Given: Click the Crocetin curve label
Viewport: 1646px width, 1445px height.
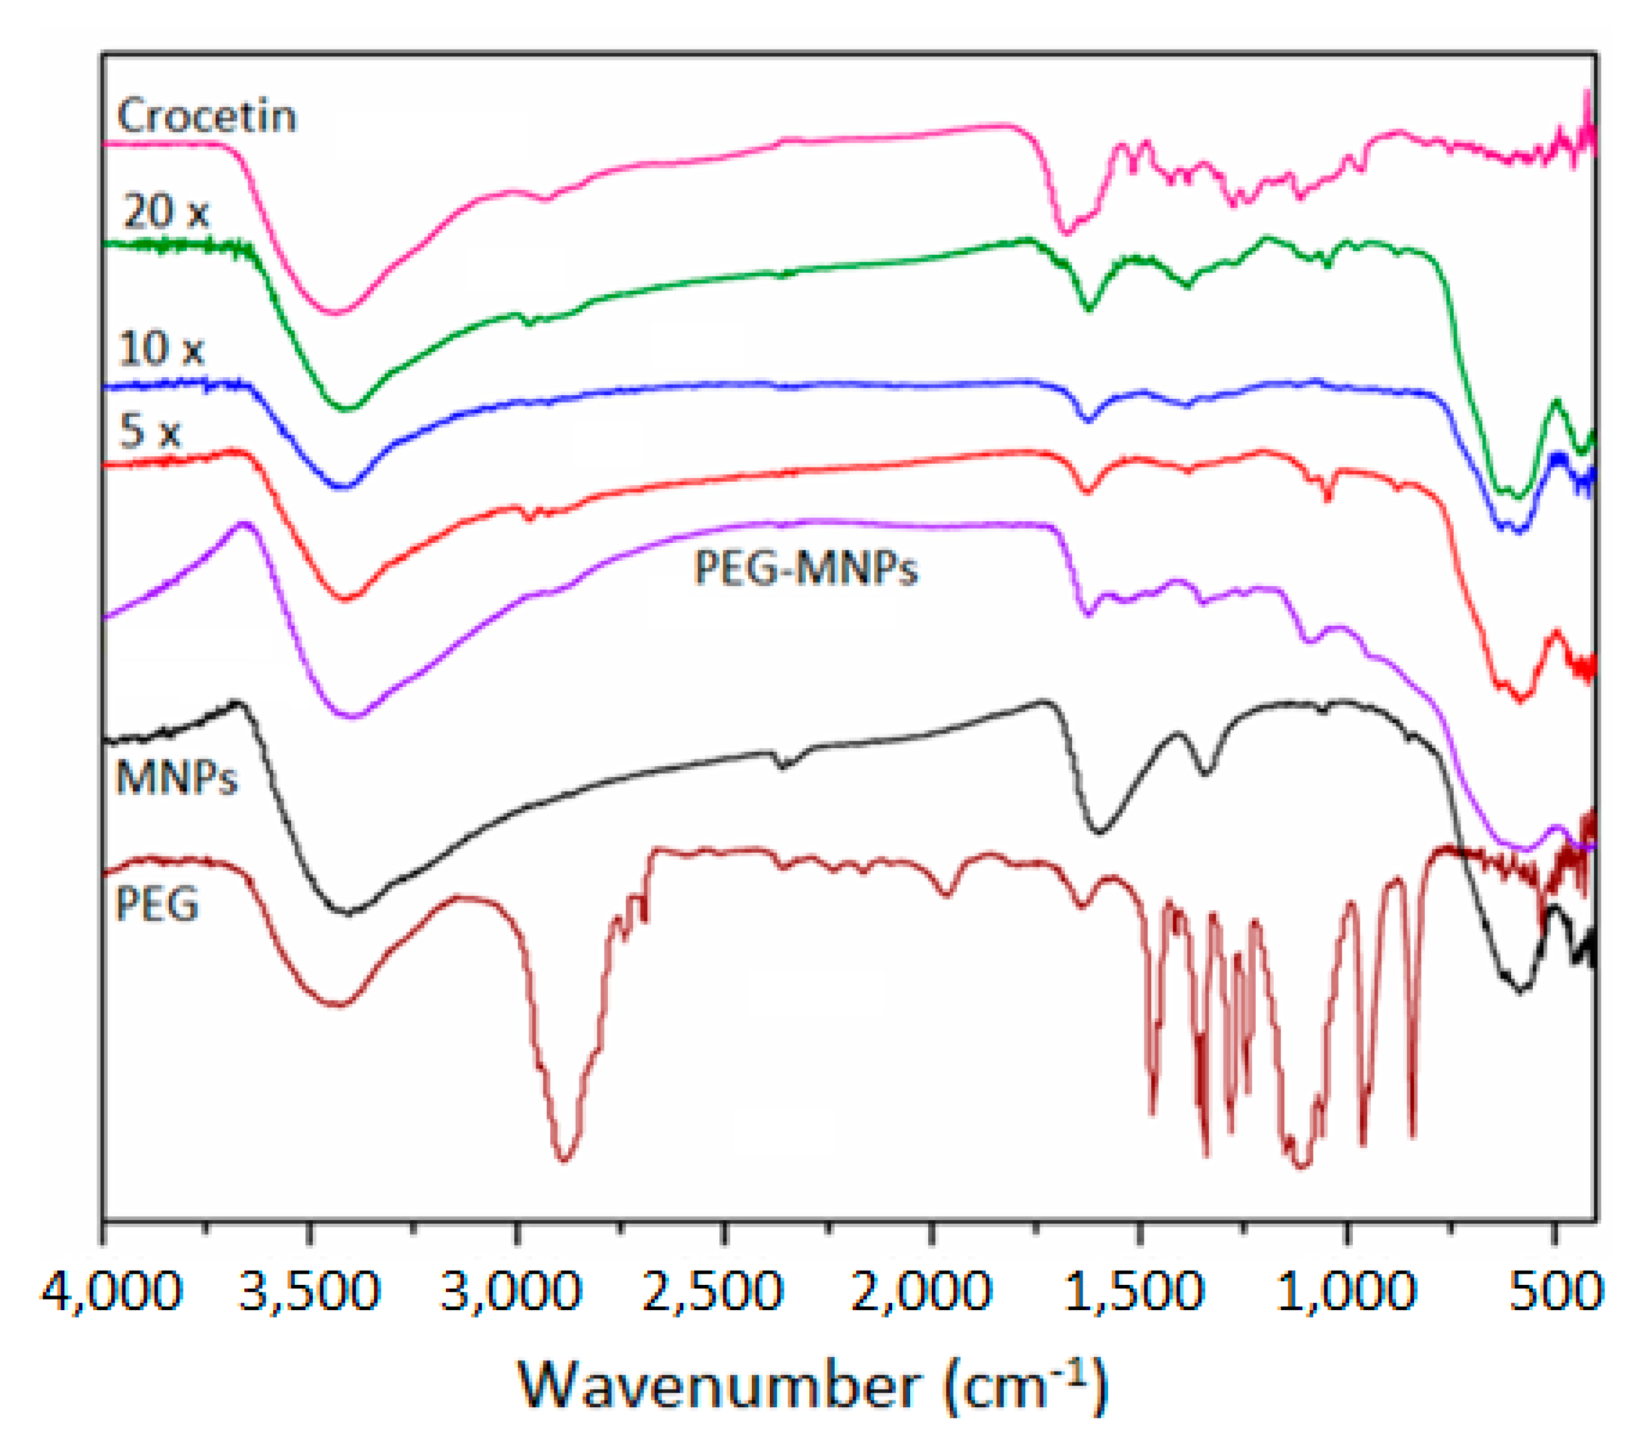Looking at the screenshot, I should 207,116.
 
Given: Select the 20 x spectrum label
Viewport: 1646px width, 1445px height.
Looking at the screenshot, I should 165,213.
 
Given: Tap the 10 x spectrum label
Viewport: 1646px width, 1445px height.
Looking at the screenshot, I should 161,349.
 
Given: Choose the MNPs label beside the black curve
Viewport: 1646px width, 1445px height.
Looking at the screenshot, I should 176,778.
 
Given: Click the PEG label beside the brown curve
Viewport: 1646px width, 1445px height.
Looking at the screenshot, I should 157,905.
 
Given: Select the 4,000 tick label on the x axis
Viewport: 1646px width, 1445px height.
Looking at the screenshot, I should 112,1292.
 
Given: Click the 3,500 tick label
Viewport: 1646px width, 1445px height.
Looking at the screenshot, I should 309,1292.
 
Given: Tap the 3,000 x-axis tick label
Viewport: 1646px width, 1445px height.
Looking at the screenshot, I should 511,1292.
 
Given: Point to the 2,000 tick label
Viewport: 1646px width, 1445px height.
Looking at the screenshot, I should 921,1292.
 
